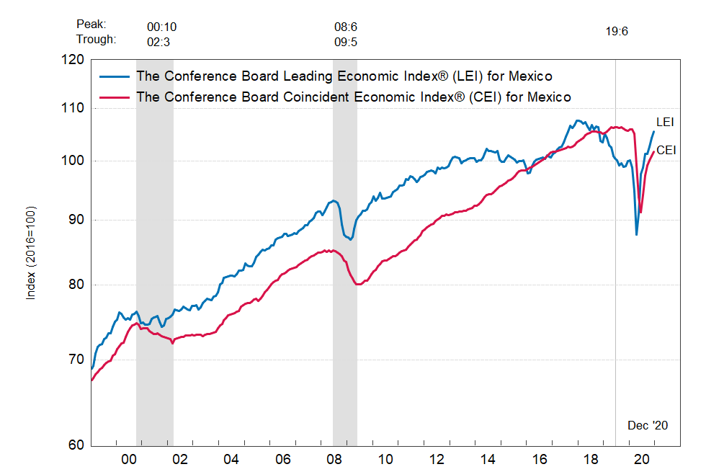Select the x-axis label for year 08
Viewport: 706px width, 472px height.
point(334,459)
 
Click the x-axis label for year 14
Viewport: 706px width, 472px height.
point(488,459)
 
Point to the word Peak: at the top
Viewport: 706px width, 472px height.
point(91,25)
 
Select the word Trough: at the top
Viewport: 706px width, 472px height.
point(96,40)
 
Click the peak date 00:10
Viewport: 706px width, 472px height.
point(161,27)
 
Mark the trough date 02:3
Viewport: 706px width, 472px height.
point(158,42)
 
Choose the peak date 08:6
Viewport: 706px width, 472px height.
point(346,27)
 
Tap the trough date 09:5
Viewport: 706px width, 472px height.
point(346,42)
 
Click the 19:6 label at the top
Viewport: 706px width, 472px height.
point(617,32)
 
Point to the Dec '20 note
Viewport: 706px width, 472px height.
point(648,425)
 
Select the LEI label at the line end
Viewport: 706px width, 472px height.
point(665,123)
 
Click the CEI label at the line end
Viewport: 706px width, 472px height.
point(665,151)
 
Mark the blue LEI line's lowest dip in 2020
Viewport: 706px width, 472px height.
point(636,234)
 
